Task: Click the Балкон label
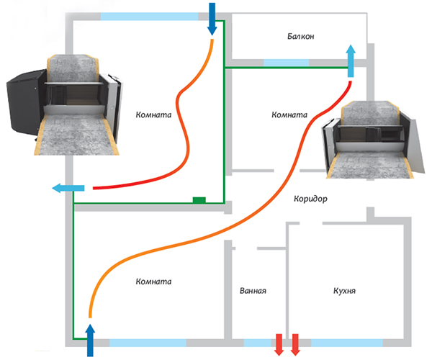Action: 300,36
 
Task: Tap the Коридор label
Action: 310,199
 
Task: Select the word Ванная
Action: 253,291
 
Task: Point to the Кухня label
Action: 344,291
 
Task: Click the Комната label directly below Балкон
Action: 289,114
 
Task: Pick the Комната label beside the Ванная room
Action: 153,282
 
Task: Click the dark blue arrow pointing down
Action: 212,19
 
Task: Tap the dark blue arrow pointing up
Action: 90,340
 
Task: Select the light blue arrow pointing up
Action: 351,60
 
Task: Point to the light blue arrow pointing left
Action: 68,189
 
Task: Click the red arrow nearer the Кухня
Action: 295,345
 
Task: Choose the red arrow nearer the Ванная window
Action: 279,345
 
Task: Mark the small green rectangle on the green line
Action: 199,200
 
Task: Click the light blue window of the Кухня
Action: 347,343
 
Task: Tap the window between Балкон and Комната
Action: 287,63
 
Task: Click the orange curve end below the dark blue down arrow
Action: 212,40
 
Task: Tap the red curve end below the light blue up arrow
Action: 350,83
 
